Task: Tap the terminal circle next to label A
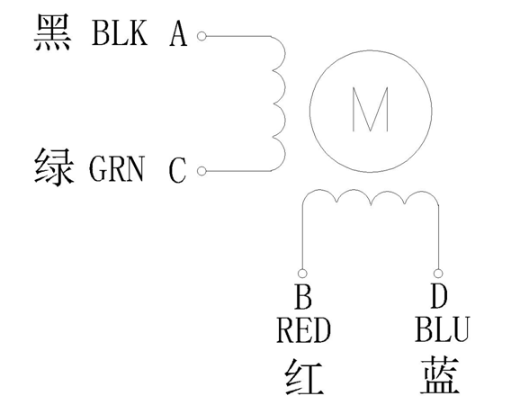[x=202, y=36]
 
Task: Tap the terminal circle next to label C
[x=202, y=169]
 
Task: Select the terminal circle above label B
[x=302, y=273]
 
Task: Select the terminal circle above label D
[x=437, y=273]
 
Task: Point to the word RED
[x=303, y=331]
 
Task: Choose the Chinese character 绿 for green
[x=53, y=167]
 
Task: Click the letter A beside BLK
[x=177, y=35]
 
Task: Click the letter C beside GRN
[x=177, y=168]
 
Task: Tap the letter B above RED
[x=302, y=296]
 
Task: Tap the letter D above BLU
[x=439, y=296]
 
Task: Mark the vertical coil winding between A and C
[x=280, y=102]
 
